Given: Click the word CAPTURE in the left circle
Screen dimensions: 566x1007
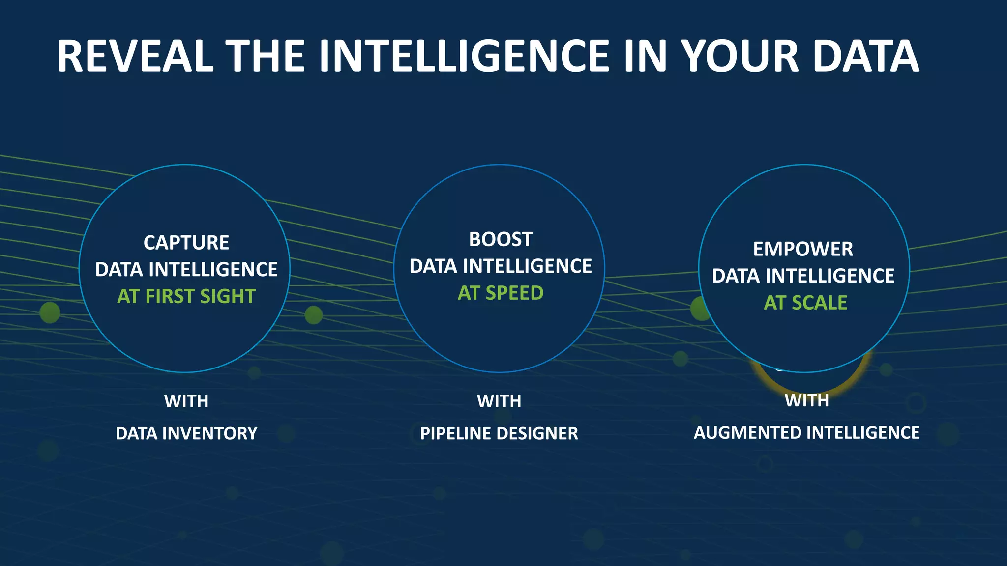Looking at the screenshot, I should [186, 243].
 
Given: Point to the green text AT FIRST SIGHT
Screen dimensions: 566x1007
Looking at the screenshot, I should [186, 296].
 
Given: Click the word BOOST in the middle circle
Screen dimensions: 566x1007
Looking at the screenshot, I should [501, 239].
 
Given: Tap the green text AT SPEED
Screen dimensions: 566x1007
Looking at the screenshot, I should [501, 293].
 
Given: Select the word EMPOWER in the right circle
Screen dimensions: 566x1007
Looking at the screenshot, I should [803, 249].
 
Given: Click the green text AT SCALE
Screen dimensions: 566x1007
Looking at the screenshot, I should [805, 303].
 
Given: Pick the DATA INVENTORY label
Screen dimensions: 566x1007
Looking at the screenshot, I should [186, 433].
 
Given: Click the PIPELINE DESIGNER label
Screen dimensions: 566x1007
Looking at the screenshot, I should [499, 433].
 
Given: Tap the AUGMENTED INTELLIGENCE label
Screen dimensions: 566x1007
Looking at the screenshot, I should [806, 433].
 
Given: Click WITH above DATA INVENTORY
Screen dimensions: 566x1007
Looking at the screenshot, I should [186, 401].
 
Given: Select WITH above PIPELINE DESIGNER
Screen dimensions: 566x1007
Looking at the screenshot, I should [499, 401].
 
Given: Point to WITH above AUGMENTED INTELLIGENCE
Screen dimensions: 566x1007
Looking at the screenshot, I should [806, 400].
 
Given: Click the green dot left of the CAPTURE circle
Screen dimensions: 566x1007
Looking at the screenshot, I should [50, 312].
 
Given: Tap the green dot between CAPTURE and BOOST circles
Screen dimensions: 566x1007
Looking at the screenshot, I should [314, 315].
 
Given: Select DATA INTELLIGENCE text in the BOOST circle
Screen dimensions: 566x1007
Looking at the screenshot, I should [501, 266].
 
